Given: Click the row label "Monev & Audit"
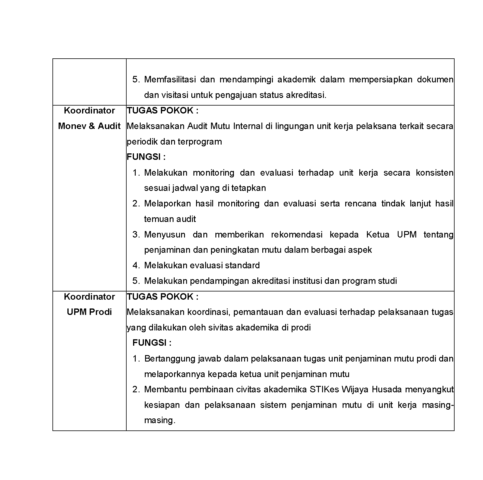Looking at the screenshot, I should [89, 126].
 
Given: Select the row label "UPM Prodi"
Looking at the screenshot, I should [89, 312].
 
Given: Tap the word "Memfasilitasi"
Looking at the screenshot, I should [170, 79].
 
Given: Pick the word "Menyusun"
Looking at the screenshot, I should [165, 235].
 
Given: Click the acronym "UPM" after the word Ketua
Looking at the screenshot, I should [407, 235].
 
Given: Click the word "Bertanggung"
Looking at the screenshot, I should [170, 359].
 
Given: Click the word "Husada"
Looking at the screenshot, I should [387, 390].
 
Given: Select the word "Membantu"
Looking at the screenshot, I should [165, 390].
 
